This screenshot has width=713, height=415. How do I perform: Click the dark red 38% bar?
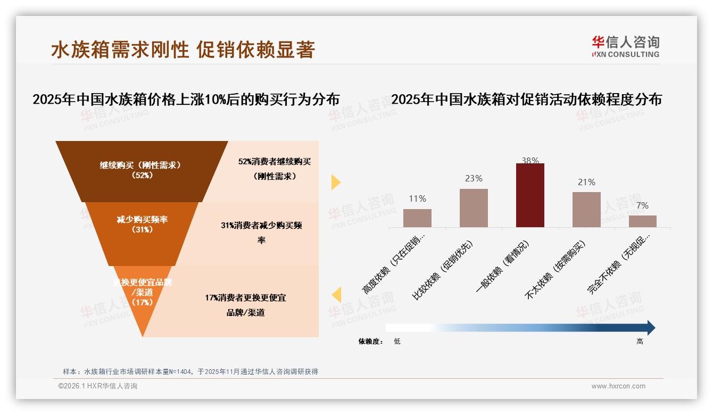[530, 195]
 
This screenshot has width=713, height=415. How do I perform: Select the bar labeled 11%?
[417, 218]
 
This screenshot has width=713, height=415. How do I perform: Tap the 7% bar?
[642, 221]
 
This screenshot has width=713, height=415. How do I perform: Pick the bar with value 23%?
[474, 208]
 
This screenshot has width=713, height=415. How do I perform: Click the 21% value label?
[586, 182]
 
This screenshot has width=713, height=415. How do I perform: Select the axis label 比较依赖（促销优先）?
[442, 271]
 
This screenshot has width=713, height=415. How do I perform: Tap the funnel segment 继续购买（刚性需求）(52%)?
[142, 170]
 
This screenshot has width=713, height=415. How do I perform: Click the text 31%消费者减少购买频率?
[261, 233]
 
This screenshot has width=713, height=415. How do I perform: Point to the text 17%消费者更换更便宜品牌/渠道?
[245, 305]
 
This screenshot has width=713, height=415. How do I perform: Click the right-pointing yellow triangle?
[335, 182]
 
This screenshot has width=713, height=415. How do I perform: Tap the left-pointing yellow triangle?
[336, 295]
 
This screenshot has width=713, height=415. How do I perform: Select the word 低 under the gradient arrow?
[397, 342]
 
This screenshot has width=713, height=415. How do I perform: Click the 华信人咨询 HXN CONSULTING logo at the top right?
[625, 46]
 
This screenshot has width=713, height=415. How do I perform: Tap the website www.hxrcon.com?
[618, 386]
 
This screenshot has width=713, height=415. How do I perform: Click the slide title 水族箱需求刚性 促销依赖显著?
[183, 49]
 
